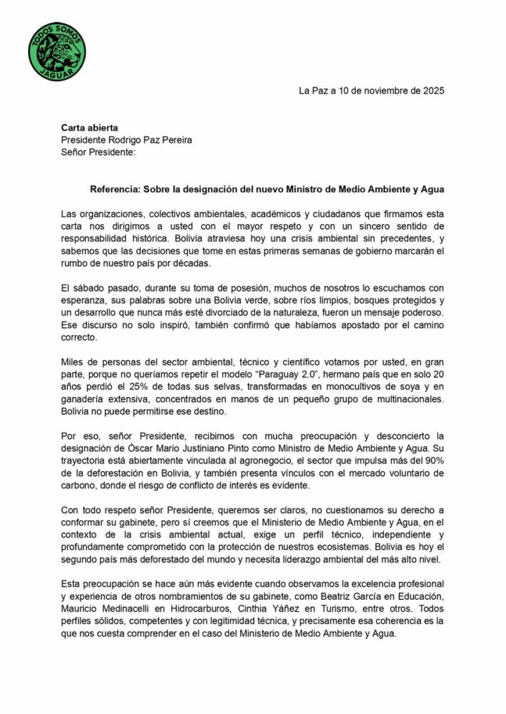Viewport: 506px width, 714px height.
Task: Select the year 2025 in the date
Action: (x=431, y=91)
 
